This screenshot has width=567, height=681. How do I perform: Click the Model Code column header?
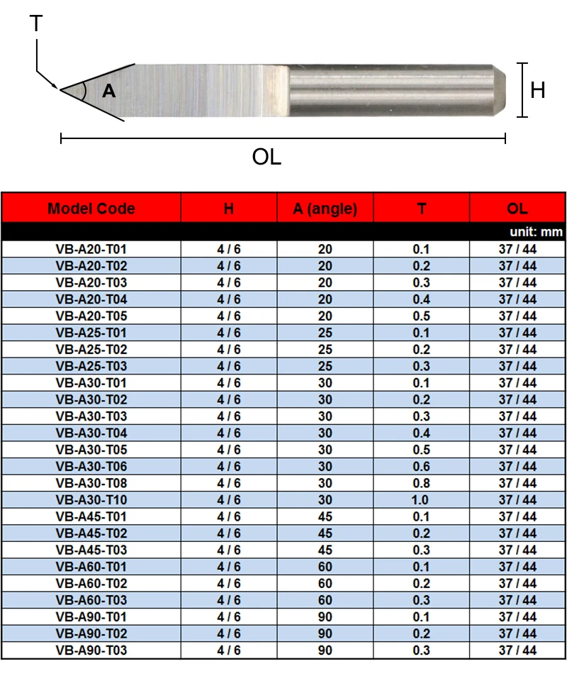91,209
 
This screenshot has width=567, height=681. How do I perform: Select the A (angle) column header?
325,209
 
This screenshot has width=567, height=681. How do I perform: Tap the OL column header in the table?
517,209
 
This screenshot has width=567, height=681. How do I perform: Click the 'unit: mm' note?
536,232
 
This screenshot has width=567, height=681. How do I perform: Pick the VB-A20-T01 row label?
91,250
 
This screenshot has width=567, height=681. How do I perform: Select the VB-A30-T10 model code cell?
91,500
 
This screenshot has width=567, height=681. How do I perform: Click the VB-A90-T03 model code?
91,650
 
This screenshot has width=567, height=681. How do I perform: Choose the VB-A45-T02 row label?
91,533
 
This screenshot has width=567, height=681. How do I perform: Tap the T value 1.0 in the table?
422,500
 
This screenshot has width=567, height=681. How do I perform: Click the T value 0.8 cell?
422,483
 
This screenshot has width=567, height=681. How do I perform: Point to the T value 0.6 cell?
422,467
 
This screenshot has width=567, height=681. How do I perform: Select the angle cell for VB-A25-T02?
325,350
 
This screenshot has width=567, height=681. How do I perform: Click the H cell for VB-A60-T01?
228,567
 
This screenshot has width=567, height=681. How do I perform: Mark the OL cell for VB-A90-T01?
517,616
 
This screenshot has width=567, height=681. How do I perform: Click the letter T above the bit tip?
36,25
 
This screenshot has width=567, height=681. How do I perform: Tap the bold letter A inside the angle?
108,91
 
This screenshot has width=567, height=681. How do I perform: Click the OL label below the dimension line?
266,157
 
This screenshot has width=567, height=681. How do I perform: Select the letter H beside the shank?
538,90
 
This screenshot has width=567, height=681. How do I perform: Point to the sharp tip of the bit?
62,90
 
